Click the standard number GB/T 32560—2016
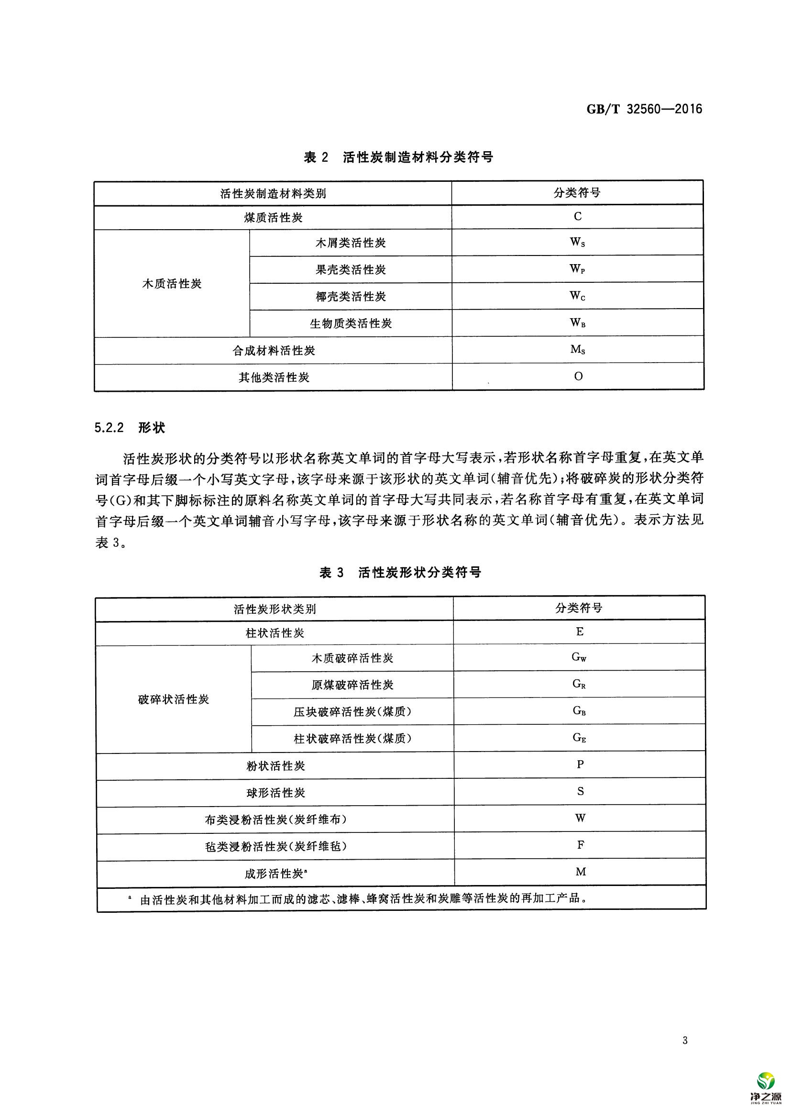[644, 109]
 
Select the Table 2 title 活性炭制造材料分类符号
[398, 157]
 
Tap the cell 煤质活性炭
[273, 218]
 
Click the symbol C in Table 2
[577, 217]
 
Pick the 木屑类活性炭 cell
[351, 243]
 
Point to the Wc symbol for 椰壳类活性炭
[577, 296]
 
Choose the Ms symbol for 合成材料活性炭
[577, 350]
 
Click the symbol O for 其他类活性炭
[578, 376]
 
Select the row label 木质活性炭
[172, 284]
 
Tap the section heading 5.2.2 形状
[130, 428]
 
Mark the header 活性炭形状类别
[275, 609]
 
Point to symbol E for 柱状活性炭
[579, 632]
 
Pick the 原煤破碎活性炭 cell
[352, 685]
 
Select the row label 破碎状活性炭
[173, 699]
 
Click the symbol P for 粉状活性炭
[580, 764]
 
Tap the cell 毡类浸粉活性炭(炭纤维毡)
[275, 846]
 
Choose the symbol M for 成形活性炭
[580, 872]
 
